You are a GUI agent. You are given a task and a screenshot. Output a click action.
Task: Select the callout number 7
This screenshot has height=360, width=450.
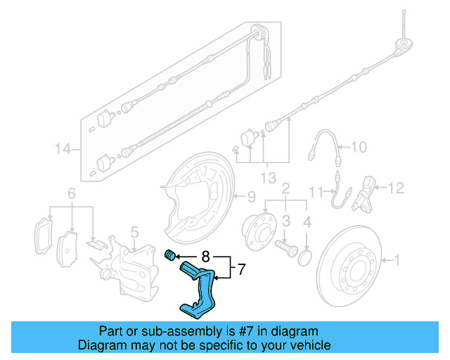pos(240,269)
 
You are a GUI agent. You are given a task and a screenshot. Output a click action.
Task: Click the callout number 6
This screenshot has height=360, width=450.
pos(71,193)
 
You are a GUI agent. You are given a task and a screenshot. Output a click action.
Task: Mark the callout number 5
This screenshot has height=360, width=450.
pos(135,230)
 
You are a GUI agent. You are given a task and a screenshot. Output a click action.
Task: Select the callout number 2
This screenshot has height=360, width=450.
pos(286,188)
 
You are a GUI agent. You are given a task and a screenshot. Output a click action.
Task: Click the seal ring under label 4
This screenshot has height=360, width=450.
pos(306,258)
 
